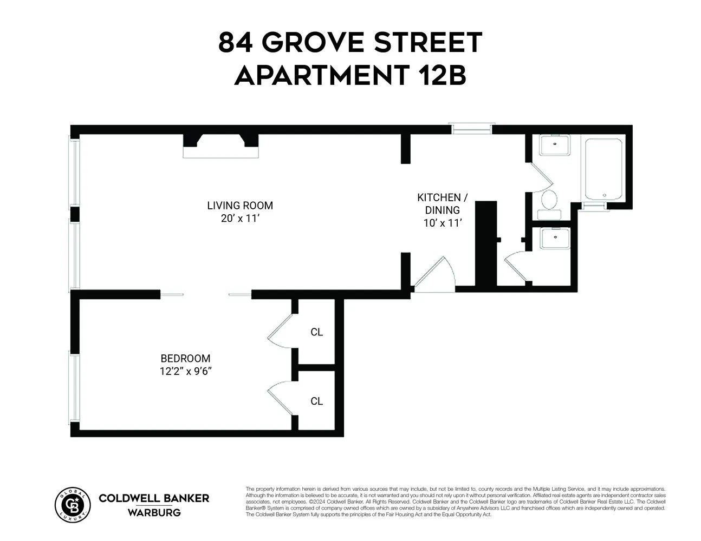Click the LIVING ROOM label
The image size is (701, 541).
[x=240, y=206]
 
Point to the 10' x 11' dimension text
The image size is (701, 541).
[x=442, y=223]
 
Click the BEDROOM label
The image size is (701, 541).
[x=185, y=358]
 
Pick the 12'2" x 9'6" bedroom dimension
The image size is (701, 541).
[x=185, y=371]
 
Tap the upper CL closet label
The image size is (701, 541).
[x=316, y=332]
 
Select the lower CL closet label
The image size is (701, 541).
[x=316, y=401]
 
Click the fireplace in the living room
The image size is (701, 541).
[x=220, y=146]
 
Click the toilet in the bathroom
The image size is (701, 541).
[x=549, y=203]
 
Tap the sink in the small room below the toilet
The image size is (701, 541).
[x=554, y=238]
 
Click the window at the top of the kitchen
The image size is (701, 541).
[x=472, y=128]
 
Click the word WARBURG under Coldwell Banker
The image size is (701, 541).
[x=154, y=512]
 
